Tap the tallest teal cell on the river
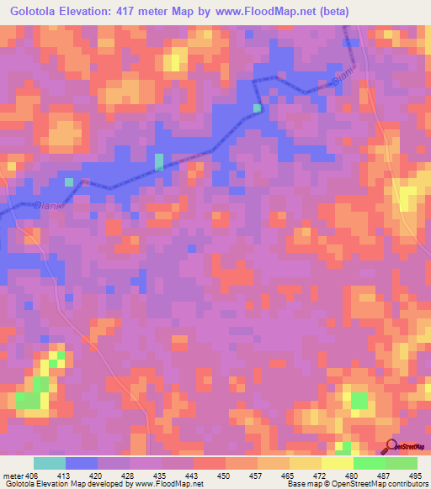click(159, 162)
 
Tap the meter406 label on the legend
click(20, 475)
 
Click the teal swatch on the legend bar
click(50, 463)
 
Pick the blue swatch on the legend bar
click(82, 463)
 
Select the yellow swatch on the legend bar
click(338, 463)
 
